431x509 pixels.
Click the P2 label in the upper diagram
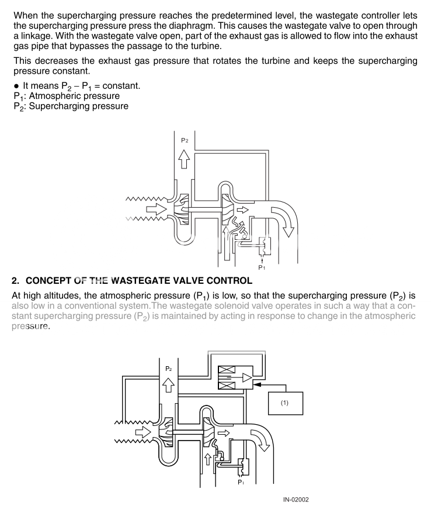point(185,140)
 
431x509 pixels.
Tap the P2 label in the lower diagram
point(169,369)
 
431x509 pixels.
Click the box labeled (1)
point(285,403)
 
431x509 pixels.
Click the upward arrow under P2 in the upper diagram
point(185,158)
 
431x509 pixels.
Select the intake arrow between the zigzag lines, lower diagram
point(142,432)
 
